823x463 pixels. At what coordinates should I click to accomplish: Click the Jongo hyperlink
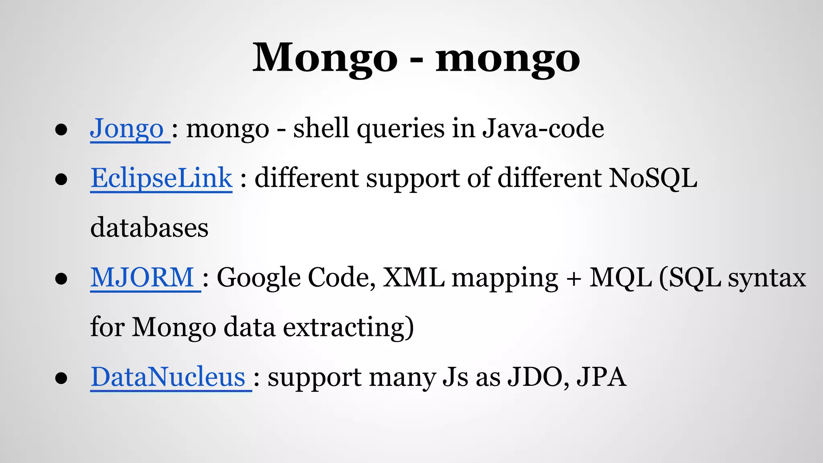coord(127,129)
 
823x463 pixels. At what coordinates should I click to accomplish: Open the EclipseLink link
coord(161,178)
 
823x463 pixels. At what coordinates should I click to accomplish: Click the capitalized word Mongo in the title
coord(325,58)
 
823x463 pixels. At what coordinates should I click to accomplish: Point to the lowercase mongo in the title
coord(508,58)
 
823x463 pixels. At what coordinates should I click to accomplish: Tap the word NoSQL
coord(653,178)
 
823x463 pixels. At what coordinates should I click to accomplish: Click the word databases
coord(149,228)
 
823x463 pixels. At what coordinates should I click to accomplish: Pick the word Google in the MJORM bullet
coord(258,278)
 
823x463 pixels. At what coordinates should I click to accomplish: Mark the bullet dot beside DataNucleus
coord(61,378)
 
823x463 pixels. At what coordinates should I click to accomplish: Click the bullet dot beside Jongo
coord(61,130)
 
